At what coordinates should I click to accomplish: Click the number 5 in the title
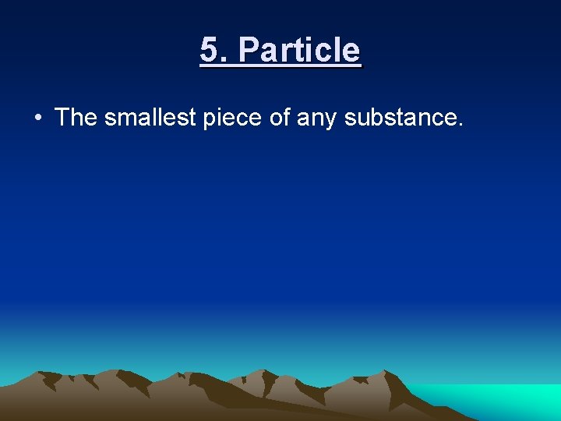pos(208,51)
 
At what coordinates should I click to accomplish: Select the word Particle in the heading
pos(300,51)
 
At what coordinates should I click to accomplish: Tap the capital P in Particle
pos(248,51)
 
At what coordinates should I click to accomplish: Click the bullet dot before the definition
pos(37,119)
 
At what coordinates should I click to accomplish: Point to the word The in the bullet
pos(76,118)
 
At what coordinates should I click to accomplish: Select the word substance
pos(400,118)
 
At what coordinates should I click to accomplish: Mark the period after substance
pos(460,124)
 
